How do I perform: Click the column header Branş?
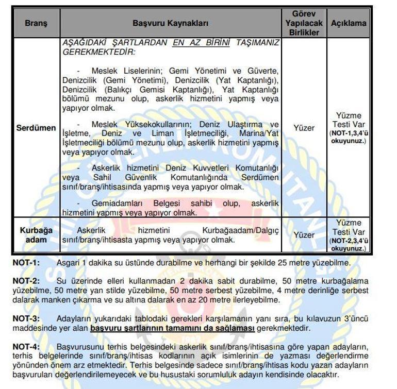[x=36, y=23]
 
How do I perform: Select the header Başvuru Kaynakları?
[x=170, y=23]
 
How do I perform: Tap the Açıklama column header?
[x=349, y=23]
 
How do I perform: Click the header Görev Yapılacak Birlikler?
[x=304, y=23]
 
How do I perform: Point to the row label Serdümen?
[x=36, y=127]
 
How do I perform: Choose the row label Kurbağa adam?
[x=36, y=235]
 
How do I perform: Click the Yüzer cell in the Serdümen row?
[x=304, y=127]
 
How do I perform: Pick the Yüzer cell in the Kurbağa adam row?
[x=304, y=235]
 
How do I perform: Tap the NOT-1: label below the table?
[x=26, y=263]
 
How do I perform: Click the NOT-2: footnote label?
[x=26, y=281]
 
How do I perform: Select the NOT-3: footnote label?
[x=26, y=318]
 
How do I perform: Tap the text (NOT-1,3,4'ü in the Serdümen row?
[x=348, y=133]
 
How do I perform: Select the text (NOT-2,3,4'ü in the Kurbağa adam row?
[x=348, y=240]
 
